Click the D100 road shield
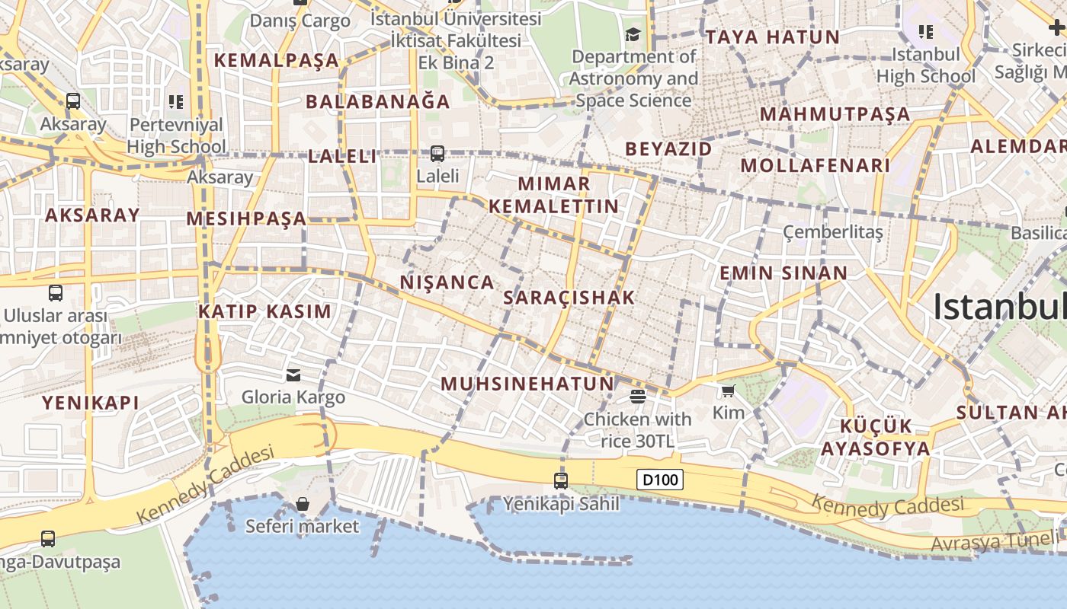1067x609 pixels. [660, 480]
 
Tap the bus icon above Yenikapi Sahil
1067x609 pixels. [561, 480]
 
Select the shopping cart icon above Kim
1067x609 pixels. [728, 391]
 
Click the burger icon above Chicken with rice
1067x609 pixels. [638, 396]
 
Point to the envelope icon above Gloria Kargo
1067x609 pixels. [293, 375]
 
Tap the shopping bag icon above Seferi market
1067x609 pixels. [303, 504]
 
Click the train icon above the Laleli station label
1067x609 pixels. [437, 154]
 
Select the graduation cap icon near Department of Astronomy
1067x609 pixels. [633, 34]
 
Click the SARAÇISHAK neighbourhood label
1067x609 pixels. [569, 298]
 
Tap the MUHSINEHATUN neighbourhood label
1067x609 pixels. [527, 384]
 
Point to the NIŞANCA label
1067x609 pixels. [447, 282]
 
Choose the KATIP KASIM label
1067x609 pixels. [265, 311]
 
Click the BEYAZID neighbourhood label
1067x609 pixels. [668, 148]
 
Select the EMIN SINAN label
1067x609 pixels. [783, 273]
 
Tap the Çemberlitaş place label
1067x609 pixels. [833, 231]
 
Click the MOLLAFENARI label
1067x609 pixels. [815, 165]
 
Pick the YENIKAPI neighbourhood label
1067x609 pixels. [91, 403]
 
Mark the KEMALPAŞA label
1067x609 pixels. [276, 60]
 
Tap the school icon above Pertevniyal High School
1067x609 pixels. [176, 101]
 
